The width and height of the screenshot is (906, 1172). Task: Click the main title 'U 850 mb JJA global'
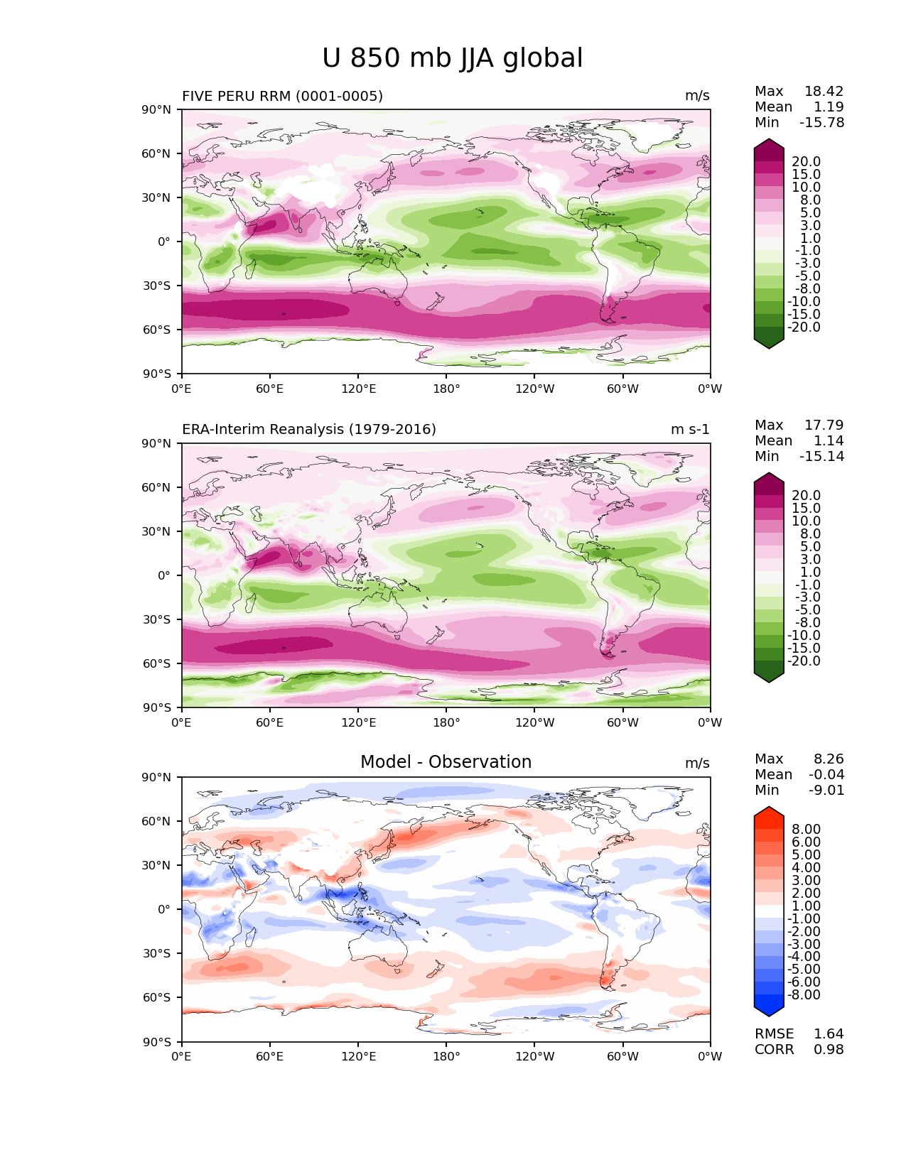point(452,58)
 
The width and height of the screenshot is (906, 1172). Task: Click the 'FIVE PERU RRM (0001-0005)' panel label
point(282,96)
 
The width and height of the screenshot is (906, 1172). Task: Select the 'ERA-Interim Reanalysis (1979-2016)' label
point(308,429)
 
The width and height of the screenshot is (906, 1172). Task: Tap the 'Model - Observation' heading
point(446,761)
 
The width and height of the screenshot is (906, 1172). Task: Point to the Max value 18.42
point(824,91)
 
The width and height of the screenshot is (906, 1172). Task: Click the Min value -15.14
point(822,456)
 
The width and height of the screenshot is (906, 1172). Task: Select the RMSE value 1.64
point(829,1033)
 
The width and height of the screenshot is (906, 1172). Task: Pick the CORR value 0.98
point(829,1049)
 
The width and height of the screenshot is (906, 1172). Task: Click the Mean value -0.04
point(826,774)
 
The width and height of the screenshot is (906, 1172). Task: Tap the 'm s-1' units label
point(690,429)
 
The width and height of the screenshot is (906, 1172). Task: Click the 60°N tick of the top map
point(156,153)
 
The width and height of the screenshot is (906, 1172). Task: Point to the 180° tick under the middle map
point(446,722)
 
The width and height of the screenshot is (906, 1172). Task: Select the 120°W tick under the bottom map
point(535,1056)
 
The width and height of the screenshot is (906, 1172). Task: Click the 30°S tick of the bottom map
point(156,953)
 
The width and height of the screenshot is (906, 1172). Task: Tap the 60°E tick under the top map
point(270,389)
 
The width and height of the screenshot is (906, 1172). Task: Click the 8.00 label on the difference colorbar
point(807,829)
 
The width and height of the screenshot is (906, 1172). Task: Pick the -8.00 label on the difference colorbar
point(804,994)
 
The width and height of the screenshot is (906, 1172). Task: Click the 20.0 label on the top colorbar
point(807,161)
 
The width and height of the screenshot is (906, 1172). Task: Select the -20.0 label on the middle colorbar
point(804,661)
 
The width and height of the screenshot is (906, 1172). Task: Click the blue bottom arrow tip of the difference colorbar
point(768,1016)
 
